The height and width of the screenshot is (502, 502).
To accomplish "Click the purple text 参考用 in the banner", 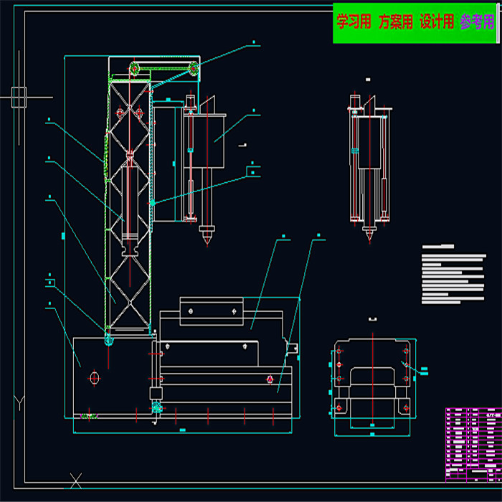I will (x=477, y=22).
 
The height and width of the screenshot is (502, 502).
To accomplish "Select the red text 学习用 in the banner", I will (x=354, y=22).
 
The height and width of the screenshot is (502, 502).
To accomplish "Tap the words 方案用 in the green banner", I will (x=395, y=22).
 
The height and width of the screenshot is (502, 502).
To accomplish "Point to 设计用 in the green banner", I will (x=436, y=22).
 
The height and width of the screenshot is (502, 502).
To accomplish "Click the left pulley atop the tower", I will (x=134, y=69).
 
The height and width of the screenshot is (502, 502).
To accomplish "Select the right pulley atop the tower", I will (x=192, y=69).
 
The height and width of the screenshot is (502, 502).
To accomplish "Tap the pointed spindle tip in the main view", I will (x=207, y=233).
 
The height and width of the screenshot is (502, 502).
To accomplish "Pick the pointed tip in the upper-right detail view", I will (x=370, y=233).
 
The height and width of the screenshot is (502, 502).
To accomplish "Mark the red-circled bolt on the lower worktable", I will (x=269, y=379).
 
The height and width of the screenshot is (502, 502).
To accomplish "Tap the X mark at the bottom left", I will (x=75, y=480).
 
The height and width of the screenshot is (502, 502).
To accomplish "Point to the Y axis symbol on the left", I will (x=19, y=403).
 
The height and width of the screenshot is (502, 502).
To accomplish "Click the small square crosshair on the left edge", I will (x=19, y=96).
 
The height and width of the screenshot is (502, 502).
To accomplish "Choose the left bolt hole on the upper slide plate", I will (x=191, y=311).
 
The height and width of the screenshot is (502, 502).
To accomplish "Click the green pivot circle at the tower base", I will (x=108, y=340).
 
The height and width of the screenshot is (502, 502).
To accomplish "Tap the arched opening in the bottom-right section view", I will (x=372, y=378).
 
